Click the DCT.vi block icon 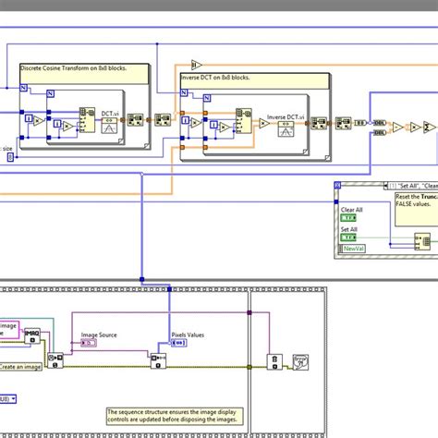108,126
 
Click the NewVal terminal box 353,249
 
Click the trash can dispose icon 274,361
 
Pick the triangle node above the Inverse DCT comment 197,63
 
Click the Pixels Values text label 187,335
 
